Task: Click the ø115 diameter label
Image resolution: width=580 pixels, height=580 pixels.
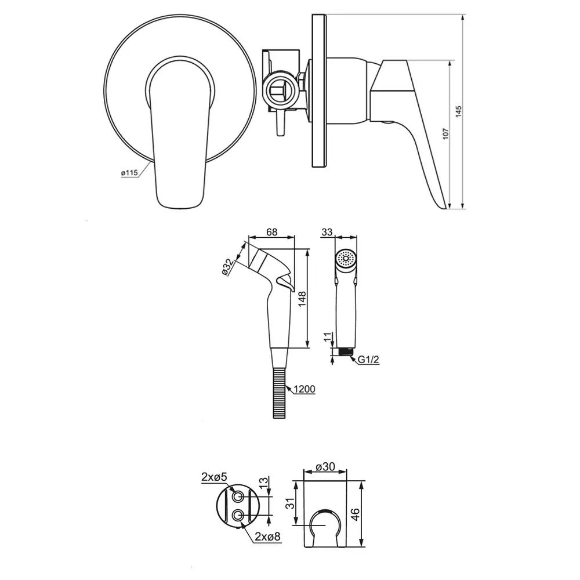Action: (x=129, y=173)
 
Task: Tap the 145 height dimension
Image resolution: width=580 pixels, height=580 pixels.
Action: (x=458, y=111)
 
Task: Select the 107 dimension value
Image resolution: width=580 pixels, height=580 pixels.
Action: (x=445, y=133)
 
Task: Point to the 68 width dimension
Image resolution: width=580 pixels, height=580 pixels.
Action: (x=271, y=232)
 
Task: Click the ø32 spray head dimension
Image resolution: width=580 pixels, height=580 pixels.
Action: (x=228, y=267)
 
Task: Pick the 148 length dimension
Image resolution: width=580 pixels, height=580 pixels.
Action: (x=302, y=299)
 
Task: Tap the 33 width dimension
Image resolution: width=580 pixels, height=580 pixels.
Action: (x=327, y=232)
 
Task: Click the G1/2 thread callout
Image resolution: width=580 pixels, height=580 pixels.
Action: (x=368, y=359)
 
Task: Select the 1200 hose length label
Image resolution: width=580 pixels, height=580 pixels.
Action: (x=304, y=389)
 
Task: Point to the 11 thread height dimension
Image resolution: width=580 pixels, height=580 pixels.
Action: (x=328, y=337)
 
